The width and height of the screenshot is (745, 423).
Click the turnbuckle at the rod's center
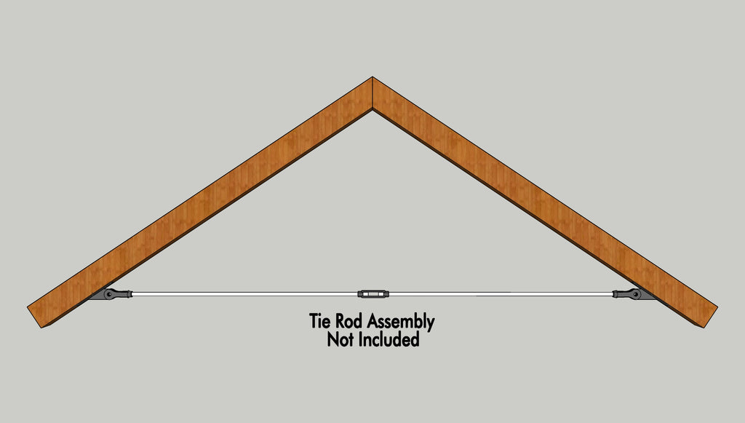coord(373,294)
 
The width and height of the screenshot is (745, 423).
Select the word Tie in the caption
coord(320,321)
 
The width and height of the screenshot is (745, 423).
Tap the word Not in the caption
coord(340,339)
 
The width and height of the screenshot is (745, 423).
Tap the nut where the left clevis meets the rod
coord(129,295)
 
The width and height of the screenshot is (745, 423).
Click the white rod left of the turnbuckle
coord(244,294)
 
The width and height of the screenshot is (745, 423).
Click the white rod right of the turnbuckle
coord(501,294)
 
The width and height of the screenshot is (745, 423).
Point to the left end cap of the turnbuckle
coord(360,294)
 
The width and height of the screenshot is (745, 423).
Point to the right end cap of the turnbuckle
coord(386,294)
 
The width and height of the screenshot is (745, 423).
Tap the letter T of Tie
coord(314,321)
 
